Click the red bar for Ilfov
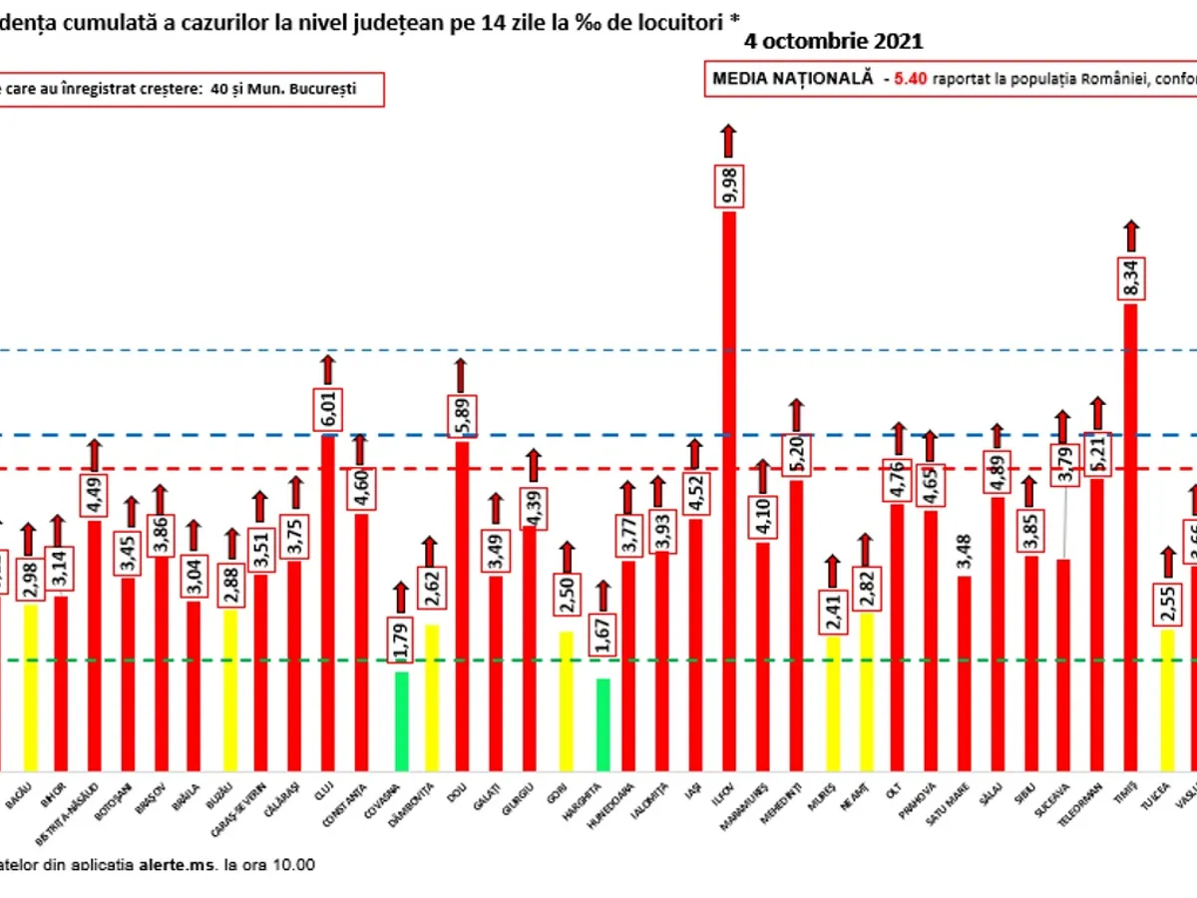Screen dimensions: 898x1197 (729, 489)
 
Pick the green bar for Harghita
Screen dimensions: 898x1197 (602, 723)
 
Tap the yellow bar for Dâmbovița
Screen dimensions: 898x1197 (431, 696)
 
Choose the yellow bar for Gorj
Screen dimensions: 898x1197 (566, 699)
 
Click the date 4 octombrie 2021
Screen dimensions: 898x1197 (833, 42)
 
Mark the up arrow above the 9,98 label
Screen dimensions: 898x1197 (729, 141)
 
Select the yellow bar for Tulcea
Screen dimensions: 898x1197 (1167, 698)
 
